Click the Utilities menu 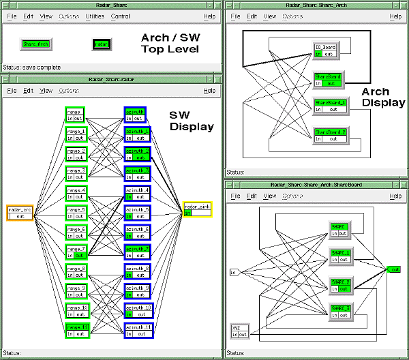tap(95, 16)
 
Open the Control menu tap(121, 16)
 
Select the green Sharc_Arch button tap(38, 43)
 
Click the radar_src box tap(20, 213)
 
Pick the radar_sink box tap(198, 209)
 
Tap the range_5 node tap(75, 213)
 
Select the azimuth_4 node tap(137, 193)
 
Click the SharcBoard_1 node tap(330, 106)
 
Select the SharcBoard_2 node tap(330, 135)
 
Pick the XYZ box tap(239, 331)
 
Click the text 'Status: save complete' tap(31, 67)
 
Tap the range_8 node tap(75, 271)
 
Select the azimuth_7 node tap(137, 252)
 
